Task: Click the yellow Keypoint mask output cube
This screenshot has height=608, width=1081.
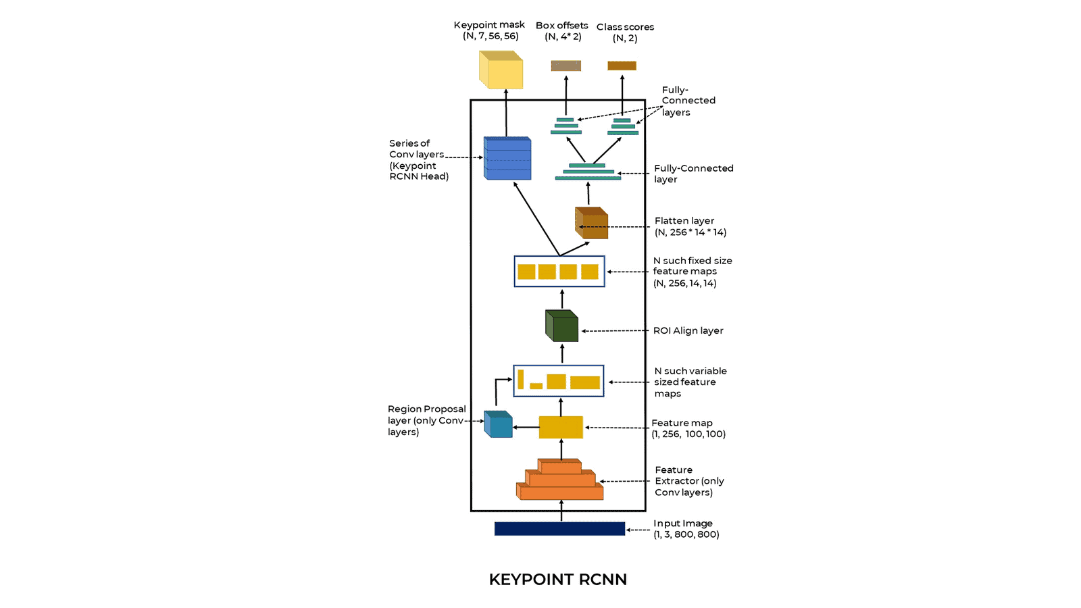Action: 501,70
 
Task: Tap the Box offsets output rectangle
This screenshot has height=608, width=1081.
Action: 566,66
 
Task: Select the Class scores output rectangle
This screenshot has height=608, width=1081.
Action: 622,66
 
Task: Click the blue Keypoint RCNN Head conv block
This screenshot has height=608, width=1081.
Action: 507,158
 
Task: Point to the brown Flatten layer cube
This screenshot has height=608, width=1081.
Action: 591,223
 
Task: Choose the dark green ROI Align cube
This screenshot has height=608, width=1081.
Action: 561,326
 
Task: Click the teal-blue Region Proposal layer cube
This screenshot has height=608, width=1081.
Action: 498,424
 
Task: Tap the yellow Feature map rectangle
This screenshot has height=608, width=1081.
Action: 561,427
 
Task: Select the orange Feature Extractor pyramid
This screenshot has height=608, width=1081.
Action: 560,479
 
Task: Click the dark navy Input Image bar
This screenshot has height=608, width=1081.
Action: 560,529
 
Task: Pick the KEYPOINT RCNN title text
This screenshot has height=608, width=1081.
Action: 558,580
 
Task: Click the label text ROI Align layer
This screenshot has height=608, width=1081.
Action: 688,330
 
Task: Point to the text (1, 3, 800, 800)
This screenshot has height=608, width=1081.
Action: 686,534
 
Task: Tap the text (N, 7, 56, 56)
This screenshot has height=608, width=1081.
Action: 491,36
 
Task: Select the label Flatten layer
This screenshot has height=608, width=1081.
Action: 684,220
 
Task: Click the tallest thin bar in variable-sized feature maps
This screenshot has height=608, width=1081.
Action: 521,379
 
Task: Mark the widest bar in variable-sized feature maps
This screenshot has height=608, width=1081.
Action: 585,382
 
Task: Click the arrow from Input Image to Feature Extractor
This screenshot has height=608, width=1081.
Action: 561,511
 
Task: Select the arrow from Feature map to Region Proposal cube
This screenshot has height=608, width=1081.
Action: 526,427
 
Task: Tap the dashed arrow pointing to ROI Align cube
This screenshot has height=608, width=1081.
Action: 615,331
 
